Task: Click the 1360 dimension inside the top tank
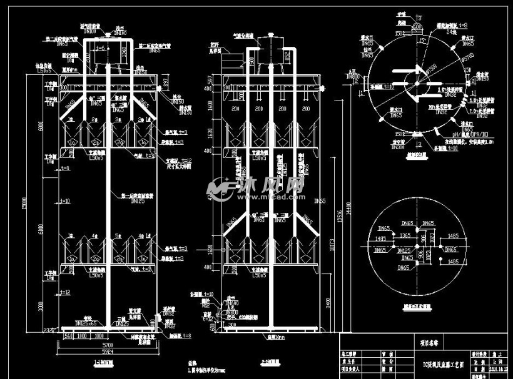coord(123,49)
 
